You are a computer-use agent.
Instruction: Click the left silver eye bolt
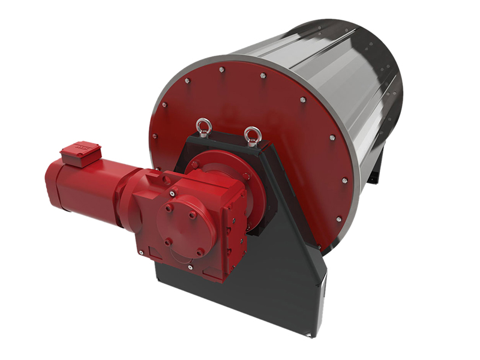tap(202, 127)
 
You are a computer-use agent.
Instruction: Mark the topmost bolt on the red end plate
tap(222, 70)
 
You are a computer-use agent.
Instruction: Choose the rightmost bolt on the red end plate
tap(344, 180)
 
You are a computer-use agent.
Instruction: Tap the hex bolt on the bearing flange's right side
tap(246, 176)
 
